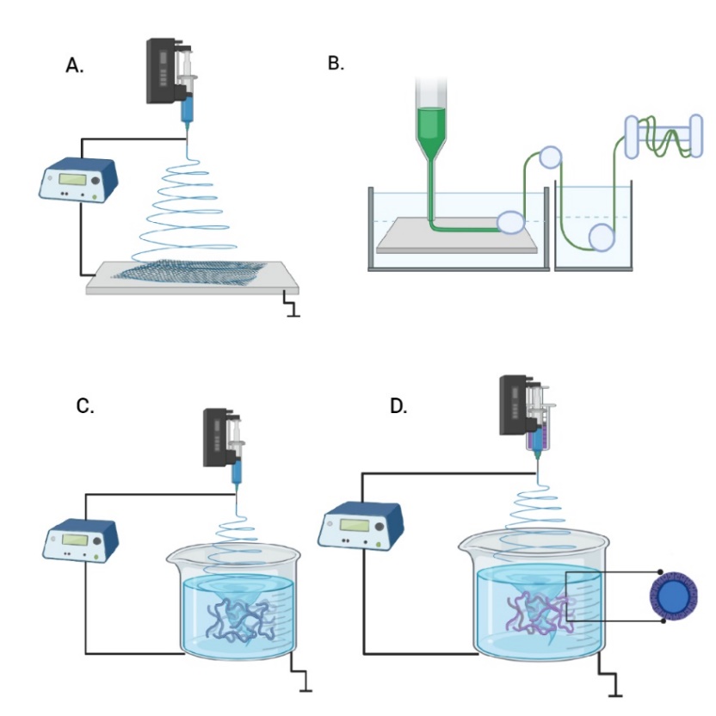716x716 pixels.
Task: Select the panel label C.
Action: [x=84, y=407]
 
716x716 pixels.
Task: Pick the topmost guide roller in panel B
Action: [x=549, y=157]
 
